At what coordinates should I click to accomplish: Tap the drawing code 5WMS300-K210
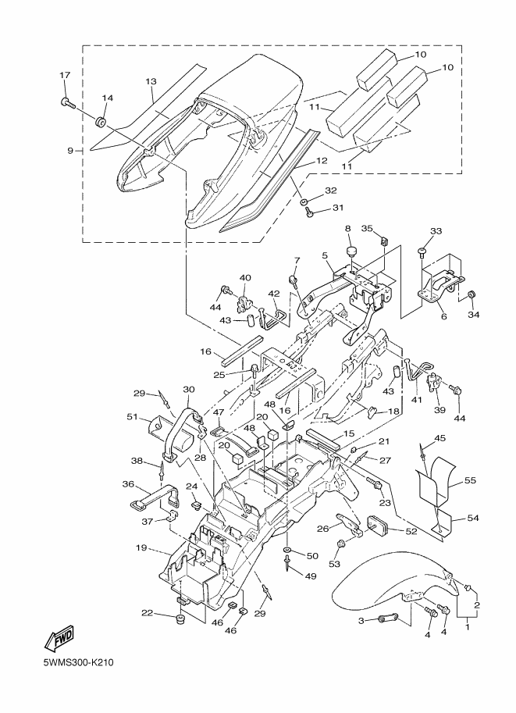point(78,662)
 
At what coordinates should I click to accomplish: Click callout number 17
point(65,75)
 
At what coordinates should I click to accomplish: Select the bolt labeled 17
point(67,103)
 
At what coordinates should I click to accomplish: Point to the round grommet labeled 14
point(101,123)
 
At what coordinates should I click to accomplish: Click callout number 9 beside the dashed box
point(70,151)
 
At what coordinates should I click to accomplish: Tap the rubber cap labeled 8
point(351,251)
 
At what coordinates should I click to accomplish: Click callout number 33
point(436,231)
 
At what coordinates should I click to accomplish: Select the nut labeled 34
point(473,294)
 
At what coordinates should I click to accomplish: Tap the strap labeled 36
point(155,497)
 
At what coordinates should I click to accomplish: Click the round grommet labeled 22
point(180,620)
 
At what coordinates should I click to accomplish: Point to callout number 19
point(141,548)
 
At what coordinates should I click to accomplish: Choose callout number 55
point(471,480)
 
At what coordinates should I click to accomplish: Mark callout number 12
point(322,161)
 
